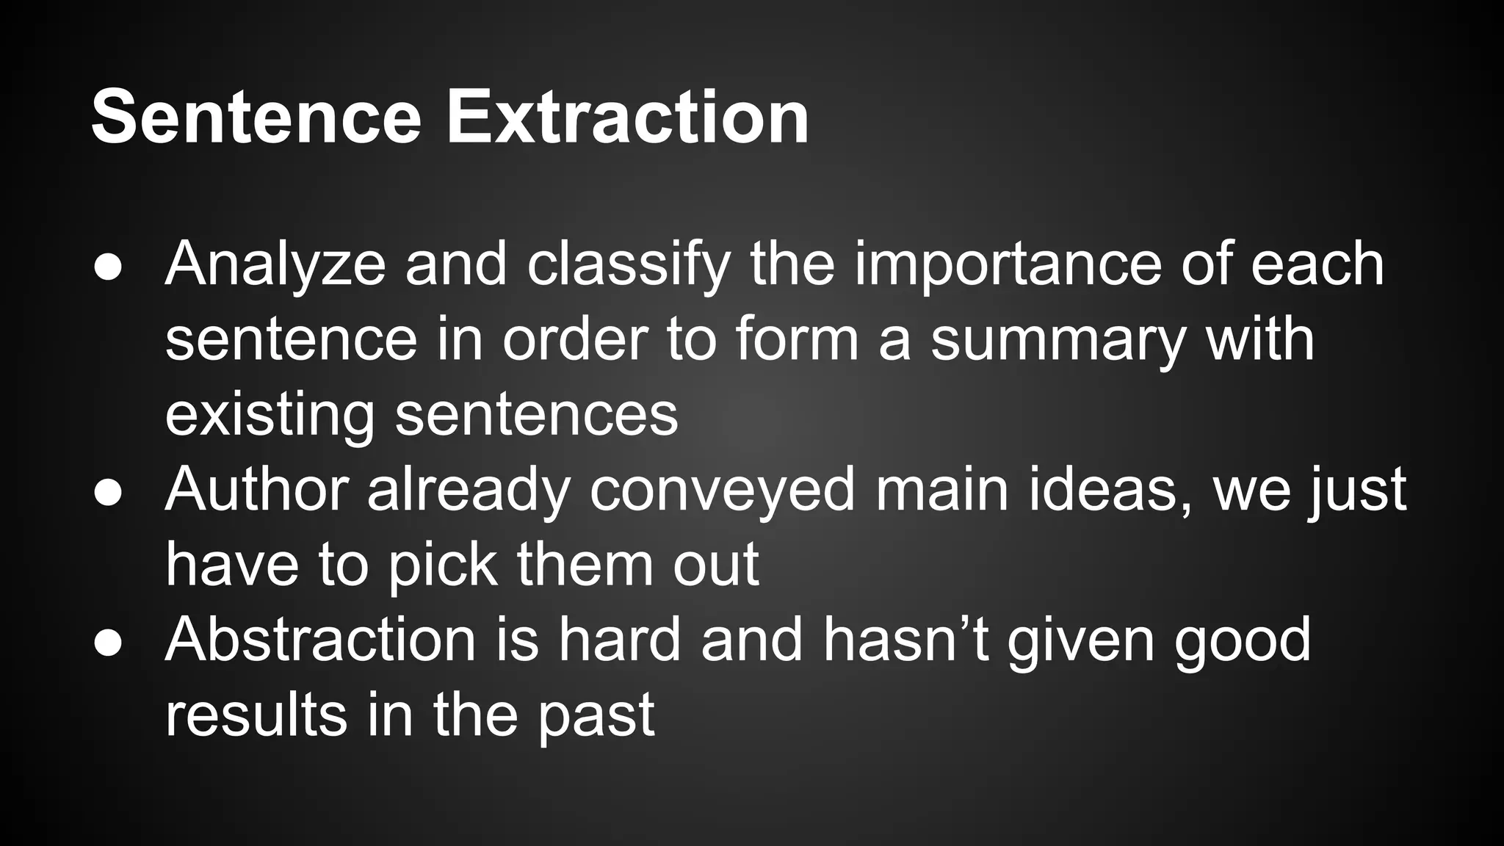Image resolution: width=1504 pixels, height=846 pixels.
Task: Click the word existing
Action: click(x=270, y=416)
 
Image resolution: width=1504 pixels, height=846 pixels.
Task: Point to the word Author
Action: click(x=256, y=491)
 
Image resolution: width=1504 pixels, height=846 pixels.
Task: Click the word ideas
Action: click(x=1110, y=491)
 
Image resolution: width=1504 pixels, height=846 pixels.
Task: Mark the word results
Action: click(x=256, y=715)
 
